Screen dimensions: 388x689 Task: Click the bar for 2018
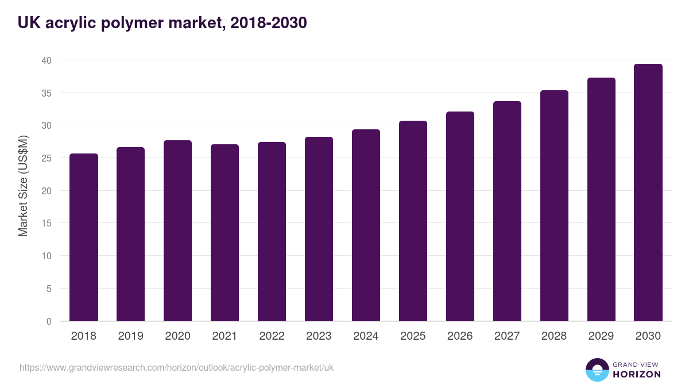point(84,237)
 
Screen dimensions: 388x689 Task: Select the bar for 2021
point(224,233)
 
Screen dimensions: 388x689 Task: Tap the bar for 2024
point(366,225)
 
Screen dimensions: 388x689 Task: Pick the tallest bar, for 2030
point(648,193)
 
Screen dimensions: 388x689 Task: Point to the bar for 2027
point(507,211)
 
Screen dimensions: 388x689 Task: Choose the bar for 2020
point(177,231)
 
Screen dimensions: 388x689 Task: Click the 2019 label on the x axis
point(131,336)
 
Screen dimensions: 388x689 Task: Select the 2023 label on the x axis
point(319,336)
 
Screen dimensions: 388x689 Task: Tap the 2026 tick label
point(460,336)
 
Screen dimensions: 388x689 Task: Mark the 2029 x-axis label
point(601,336)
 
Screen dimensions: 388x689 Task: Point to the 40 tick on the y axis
point(47,60)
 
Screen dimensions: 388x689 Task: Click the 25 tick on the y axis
point(47,158)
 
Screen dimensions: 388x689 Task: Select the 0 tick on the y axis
point(49,321)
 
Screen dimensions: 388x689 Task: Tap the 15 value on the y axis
point(47,224)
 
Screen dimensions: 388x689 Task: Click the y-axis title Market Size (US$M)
point(23,185)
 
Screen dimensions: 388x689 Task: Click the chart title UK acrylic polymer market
point(162,22)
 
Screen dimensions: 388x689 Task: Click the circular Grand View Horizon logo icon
point(597,370)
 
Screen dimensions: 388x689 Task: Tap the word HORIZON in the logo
point(637,374)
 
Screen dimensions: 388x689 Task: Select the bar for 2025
point(413,221)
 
